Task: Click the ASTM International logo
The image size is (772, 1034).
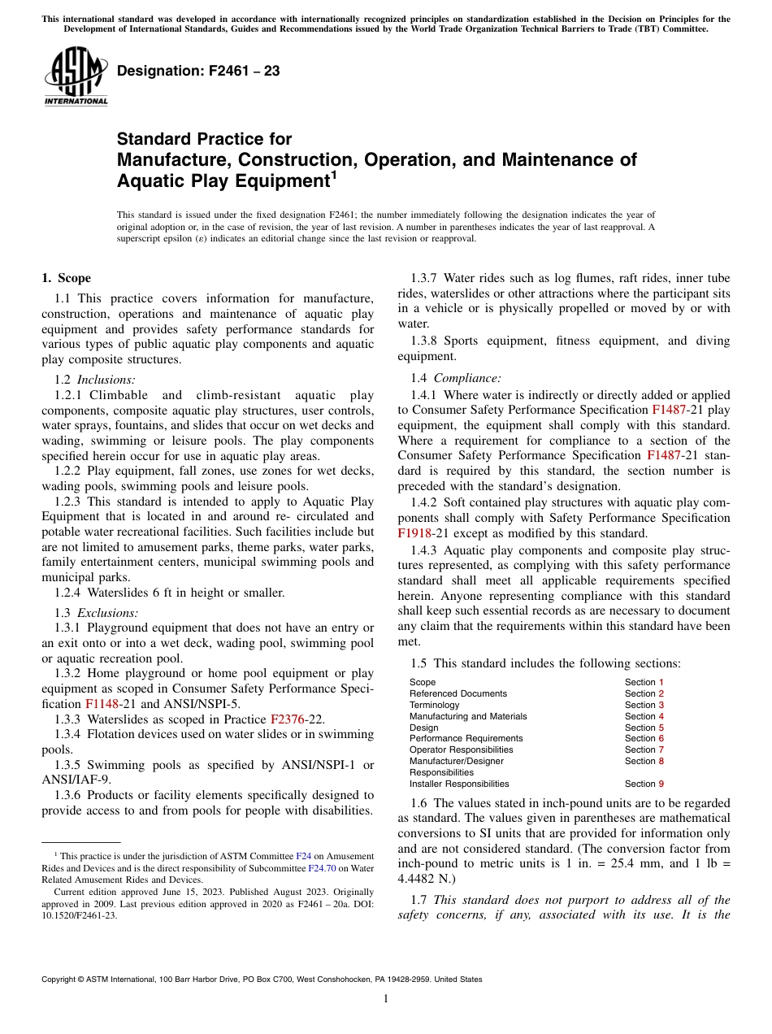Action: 76,77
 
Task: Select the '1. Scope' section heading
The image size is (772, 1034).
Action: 66,278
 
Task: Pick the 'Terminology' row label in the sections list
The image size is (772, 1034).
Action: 434,705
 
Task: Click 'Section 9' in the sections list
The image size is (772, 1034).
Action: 644,784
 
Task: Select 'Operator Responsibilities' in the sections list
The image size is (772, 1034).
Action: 461,749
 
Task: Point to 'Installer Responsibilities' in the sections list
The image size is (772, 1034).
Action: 459,784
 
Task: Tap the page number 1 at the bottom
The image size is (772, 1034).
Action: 386,998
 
